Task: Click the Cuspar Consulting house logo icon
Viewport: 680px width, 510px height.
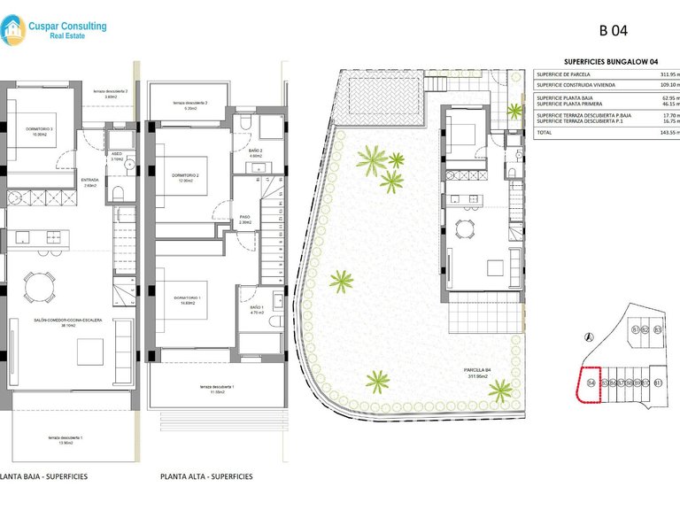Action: click(14, 32)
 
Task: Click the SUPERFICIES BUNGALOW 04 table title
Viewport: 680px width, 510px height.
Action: click(611, 61)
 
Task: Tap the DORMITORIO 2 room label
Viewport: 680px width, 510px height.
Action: click(186, 175)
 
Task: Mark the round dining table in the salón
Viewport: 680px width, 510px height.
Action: click(37, 286)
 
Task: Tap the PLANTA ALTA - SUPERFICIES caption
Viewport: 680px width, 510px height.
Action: click(206, 476)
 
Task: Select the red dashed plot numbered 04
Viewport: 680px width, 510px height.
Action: click(590, 384)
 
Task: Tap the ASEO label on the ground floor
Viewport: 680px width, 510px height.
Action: click(117, 155)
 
